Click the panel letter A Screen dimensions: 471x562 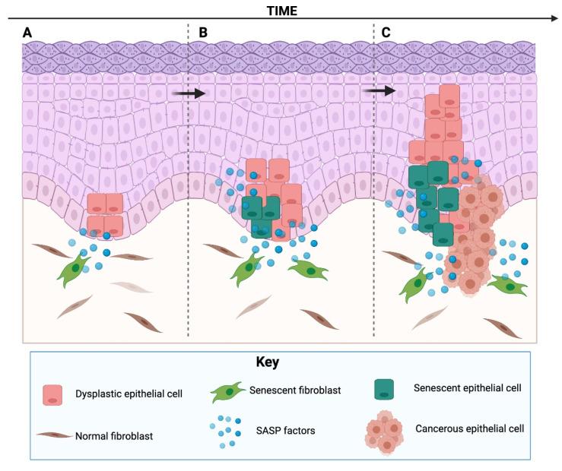click(28, 33)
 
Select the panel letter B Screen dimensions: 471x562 click(202, 33)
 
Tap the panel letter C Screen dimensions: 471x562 click(386, 33)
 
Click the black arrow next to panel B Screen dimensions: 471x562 click(189, 93)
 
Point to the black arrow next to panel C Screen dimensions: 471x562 click(379, 91)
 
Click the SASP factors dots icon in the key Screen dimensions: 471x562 click(227, 430)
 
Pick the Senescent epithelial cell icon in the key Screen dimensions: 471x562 click(389, 389)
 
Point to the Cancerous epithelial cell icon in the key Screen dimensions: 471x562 click(386, 429)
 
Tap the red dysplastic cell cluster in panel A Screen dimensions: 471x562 click(105, 214)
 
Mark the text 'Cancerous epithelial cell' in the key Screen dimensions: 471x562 click(469, 428)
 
